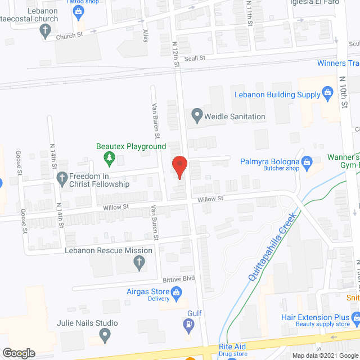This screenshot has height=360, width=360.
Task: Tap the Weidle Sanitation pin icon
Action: pos(197,116)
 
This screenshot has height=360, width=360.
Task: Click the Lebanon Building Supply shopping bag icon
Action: pos(328,94)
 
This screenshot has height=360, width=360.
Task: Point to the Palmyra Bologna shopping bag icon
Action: pos(307,164)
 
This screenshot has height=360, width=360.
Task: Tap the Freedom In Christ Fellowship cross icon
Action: pos(63,178)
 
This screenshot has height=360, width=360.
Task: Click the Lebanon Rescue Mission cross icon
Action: pos(138,262)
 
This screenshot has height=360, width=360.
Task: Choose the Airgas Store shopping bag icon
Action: pos(176,292)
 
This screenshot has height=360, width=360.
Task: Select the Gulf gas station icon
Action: pos(188,324)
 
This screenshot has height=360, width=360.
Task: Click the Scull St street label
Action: pos(195,58)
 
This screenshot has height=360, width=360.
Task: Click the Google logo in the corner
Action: pos(18,353)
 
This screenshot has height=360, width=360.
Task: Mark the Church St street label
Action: pos(69,36)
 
